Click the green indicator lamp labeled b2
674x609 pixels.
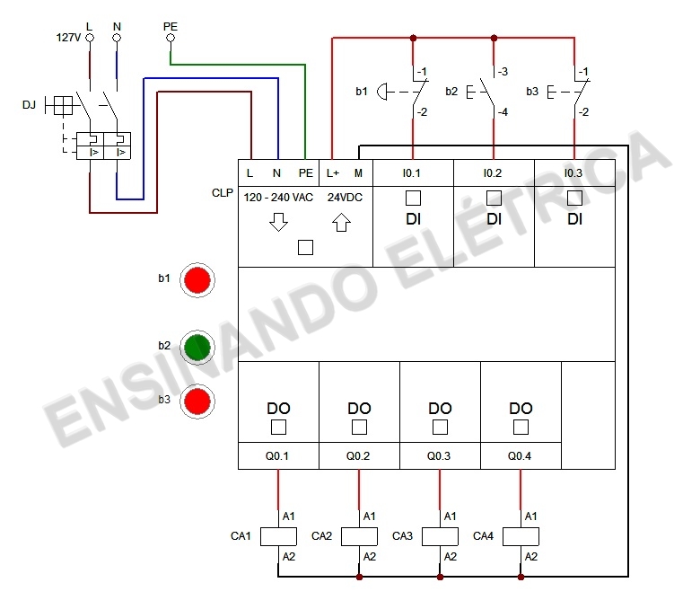click(197, 347)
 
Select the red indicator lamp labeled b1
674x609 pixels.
click(197, 280)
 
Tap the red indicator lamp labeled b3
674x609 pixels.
click(197, 402)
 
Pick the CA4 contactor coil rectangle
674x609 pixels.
click(521, 536)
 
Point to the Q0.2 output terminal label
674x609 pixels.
click(359, 456)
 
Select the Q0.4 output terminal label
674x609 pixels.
click(521, 456)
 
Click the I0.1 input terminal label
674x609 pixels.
click(413, 172)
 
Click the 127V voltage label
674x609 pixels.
click(68, 39)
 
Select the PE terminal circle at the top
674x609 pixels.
click(171, 39)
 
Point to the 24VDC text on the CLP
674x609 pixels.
click(345, 198)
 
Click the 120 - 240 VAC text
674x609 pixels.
click(279, 198)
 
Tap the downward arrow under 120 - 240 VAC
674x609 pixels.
click(278, 222)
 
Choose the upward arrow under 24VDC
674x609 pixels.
click(340, 222)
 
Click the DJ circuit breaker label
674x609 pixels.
click(30, 106)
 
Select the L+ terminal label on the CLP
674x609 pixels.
click(333, 172)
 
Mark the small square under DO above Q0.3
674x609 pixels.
click(440, 427)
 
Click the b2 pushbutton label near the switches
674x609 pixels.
click(451, 92)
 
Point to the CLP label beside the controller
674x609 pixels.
click(223, 193)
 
